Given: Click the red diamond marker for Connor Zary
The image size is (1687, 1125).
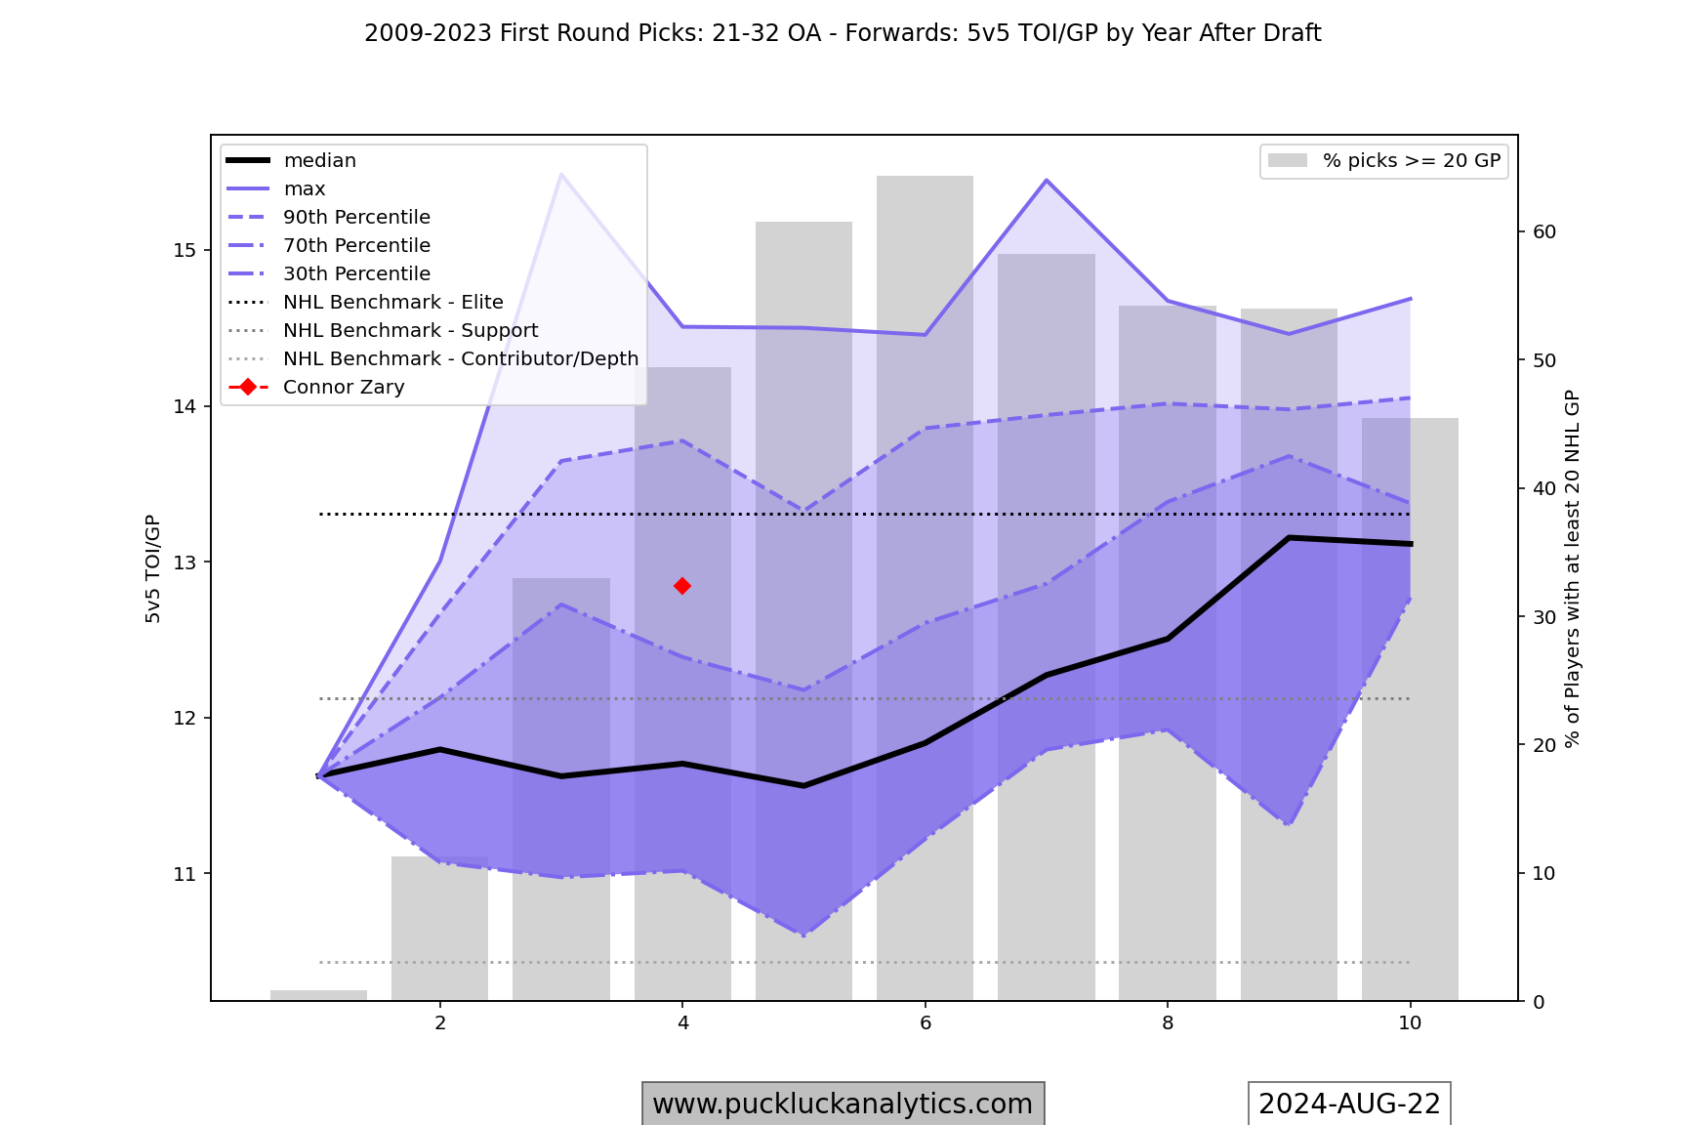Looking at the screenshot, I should (682, 586).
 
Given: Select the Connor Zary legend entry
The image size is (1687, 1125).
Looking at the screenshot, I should (344, 388).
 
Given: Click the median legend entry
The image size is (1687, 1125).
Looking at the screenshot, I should (319, 161).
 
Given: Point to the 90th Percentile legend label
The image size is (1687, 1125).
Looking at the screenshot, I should (356, 218).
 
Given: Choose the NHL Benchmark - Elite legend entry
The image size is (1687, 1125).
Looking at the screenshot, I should (392, 303).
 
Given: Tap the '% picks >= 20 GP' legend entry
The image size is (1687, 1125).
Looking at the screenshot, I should (1411, 161).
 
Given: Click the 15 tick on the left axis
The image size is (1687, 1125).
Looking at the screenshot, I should (185, 251).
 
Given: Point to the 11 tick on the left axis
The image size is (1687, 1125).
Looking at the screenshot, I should (185, 874).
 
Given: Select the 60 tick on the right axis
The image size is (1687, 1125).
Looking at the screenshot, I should (1544, 232).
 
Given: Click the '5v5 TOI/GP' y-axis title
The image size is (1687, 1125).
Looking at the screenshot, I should (153, 568).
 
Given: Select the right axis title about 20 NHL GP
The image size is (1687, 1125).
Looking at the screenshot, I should (1572, 568).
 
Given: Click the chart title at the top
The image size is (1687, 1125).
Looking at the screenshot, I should (843, 33).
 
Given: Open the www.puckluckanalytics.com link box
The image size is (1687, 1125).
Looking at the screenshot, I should (843, 1104).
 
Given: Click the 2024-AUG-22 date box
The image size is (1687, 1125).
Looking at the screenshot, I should (1349, 1104).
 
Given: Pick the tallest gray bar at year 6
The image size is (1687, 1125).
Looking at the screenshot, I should (925, 586).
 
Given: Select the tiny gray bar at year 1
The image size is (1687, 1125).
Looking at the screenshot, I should (319, 995).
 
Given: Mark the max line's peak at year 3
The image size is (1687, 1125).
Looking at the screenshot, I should (561, 174).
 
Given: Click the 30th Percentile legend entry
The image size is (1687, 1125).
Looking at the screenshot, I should (356, 274).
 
